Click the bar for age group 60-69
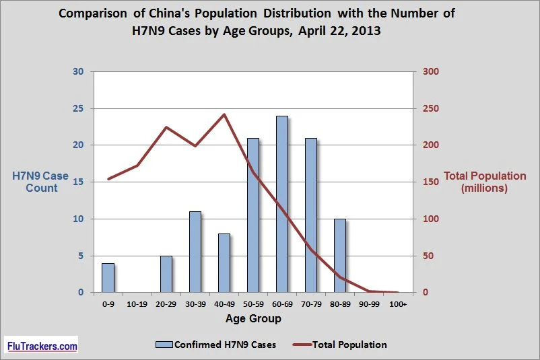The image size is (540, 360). pos(282,204)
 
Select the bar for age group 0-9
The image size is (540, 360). pos(108,278)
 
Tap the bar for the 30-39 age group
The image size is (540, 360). pos(195,252)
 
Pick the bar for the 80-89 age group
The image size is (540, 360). pos(340,256)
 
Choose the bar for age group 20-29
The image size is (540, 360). pos(166,275)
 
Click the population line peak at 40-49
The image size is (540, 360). pos(224,114)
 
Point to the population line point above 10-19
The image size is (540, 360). pos(137,166)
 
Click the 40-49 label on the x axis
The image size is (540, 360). pos(224,304)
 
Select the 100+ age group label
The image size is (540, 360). pos(398,304)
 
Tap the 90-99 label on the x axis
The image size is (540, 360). pos(369,304)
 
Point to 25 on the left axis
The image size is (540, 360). pos(78,108)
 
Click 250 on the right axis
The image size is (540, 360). pos(431,108)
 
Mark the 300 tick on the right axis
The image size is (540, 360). pos(431,71)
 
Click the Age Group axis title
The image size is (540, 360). pos(253,319)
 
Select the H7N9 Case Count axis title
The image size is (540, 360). pos(40,182)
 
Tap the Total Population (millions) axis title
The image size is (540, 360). pos(485,182)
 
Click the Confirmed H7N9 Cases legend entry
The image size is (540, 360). pos(216,345)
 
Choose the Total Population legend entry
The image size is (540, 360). pos(340,345)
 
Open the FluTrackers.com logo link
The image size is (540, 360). pos(42,345)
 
